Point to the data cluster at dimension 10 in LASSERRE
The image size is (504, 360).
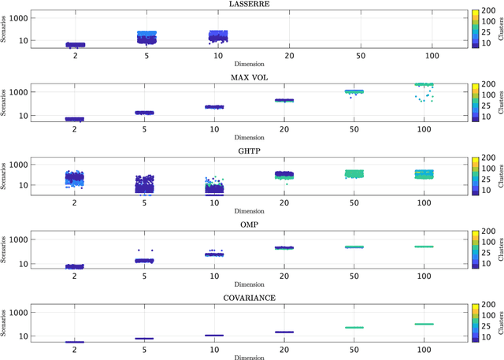[x=217, y=35]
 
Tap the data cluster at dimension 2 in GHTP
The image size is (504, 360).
[x=75, y=178]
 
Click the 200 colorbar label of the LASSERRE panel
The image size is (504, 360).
[x=487, y=11]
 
